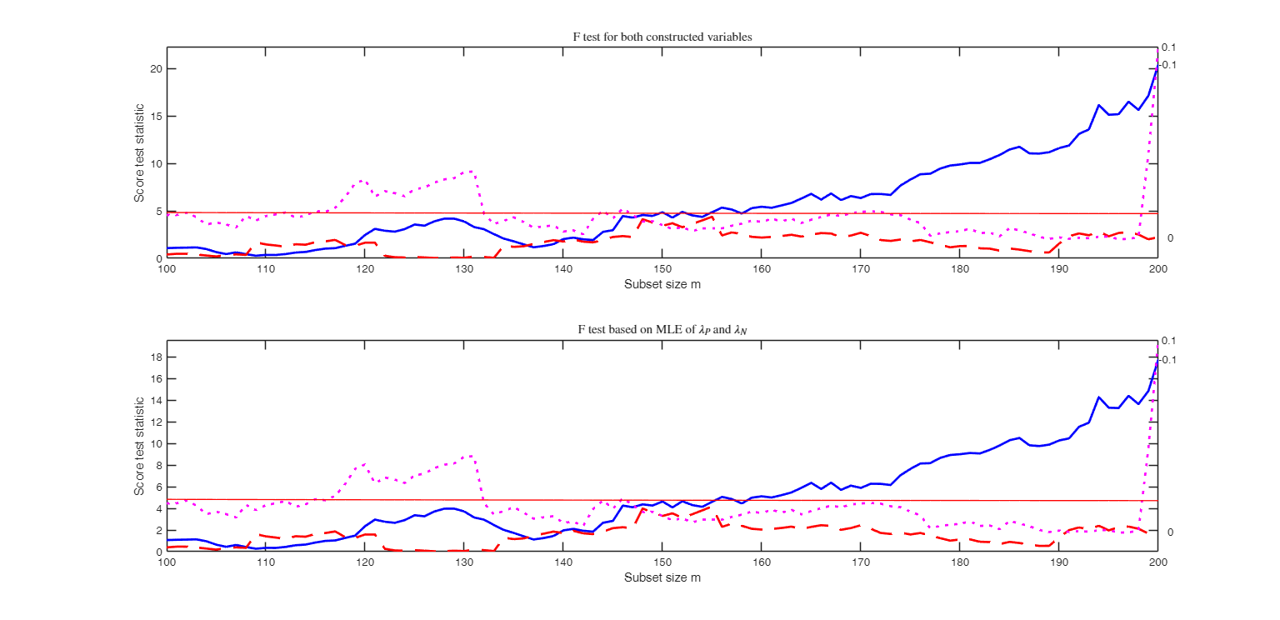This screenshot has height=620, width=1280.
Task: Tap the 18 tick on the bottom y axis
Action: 157,357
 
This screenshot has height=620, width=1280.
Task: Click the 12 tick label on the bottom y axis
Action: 157,422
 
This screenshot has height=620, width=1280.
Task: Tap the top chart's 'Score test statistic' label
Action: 140,152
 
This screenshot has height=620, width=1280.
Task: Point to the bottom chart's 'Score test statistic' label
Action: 140,446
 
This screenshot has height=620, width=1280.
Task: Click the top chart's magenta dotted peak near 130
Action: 472,171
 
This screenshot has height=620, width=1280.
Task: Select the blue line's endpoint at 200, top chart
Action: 1157,68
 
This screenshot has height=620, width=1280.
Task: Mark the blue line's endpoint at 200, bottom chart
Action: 1157,362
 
